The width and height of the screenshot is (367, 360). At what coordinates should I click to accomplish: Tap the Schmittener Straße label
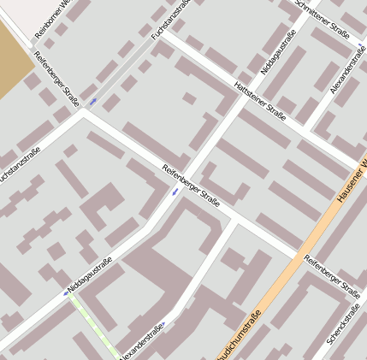(322, 19)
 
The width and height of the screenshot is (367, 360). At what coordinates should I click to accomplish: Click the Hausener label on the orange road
(352, 180)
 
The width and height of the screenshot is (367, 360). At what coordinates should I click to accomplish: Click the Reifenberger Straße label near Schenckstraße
(331, 275)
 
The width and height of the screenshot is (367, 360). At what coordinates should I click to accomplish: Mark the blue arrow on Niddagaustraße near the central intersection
(175, 191)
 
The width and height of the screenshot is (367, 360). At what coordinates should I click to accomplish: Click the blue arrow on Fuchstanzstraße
(92, 102)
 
